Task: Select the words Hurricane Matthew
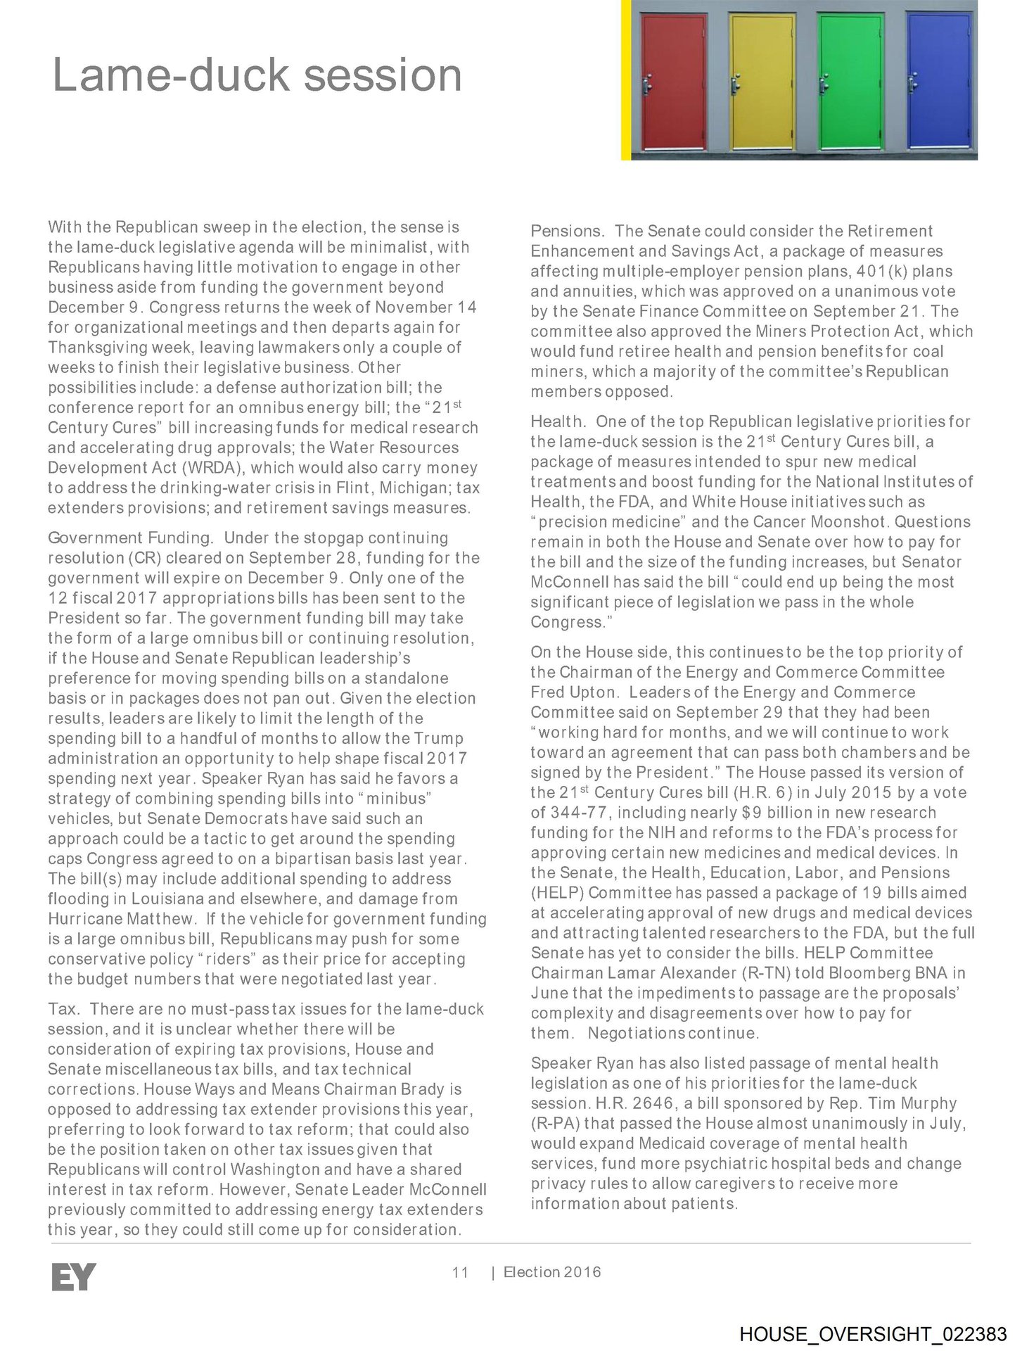tap(121, 919)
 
